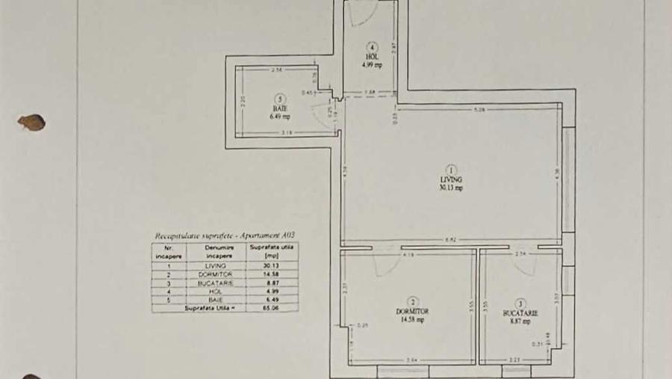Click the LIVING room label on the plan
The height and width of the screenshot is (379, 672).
click(451, 180)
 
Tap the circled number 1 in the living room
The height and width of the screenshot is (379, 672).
click(451, 170)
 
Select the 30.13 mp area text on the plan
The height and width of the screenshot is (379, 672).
click(451, 188)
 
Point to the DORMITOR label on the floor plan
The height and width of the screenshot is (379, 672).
click(413, 311)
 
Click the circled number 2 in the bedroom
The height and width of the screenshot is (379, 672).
click(413, 301)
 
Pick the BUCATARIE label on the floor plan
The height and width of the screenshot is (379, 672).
click(520, 313)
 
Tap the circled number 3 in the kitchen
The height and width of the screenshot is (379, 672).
click(520, 303)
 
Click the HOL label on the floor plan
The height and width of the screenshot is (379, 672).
click(372, 57)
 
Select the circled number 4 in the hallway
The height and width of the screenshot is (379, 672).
click(372, 47)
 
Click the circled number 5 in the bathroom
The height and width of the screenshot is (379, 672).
click(279, 98)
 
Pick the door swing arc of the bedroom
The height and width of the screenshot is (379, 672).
click(386, 265)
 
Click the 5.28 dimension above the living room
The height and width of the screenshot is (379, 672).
click(480, 110)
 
